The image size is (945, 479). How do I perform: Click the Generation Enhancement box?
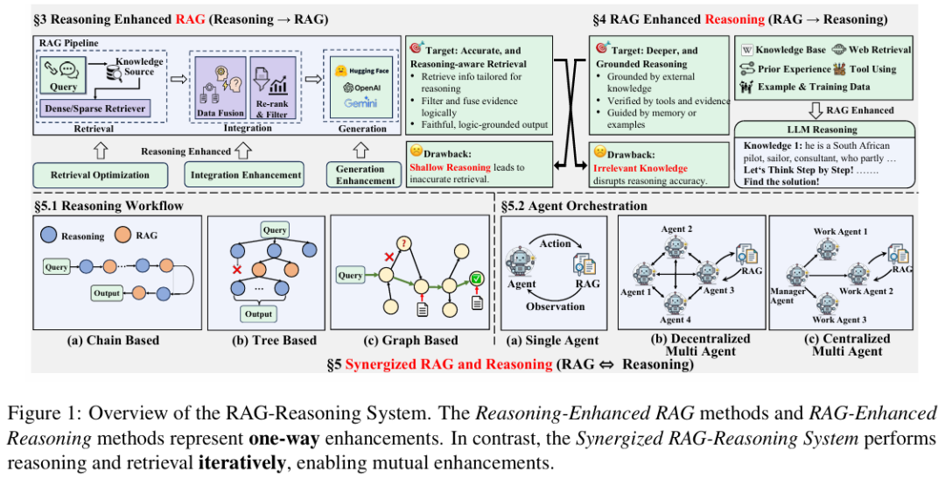coord(360,175)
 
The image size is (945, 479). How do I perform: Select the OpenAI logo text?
coord(360,88)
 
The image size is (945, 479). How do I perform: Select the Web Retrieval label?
coord(879,51)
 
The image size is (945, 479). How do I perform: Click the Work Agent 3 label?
coord(840,321)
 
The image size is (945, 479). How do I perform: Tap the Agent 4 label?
coord(674,321)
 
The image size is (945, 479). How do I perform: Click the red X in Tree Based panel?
coord(236,270)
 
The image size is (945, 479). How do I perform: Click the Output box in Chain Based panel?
coord(108,293)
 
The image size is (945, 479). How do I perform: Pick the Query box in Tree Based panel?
coord(273,229)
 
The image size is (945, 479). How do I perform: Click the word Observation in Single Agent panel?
coord(556,306)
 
